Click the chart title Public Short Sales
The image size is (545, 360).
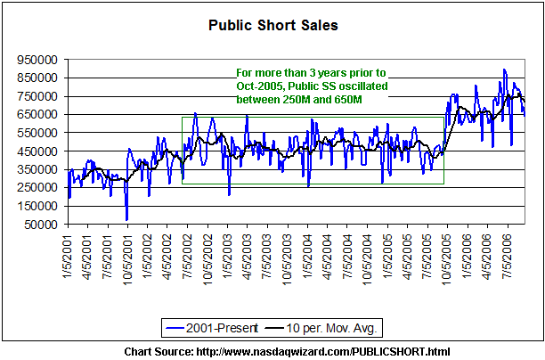tap(272, 25)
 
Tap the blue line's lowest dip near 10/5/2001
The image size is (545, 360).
tap(126, 219)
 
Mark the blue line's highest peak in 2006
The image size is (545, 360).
tap(504, 70)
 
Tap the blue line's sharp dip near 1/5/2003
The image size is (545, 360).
tap(229, 194)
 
